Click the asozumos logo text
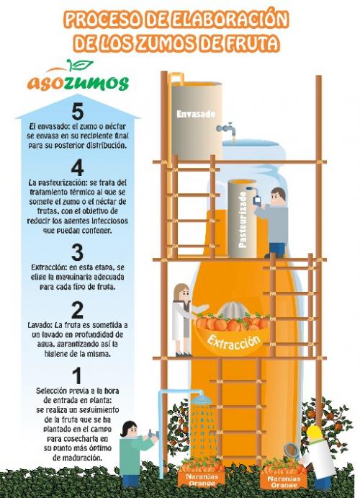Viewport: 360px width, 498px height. pyautogui.click(x=78, y=83)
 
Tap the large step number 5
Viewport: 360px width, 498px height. pyautogui.click(x=77, y=111)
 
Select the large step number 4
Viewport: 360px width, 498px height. pyautogui.click(x=77, y=167)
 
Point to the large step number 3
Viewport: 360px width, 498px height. pyautogui.click(x=77, y=252)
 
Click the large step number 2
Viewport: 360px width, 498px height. pyautogui.click(x=77, y=310)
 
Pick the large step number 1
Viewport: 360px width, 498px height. pyautogui.click(x=77, y=375)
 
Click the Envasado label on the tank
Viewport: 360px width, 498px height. pyautogui.click(x=196, y=114)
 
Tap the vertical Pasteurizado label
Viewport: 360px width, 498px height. pyautogui.click(x=243, y=220)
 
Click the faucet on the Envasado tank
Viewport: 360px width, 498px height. pyautogui.click(x=227, y=129)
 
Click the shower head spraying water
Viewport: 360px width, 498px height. pyautogui.click(x=202, y=399)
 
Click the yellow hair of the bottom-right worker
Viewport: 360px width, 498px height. pyautogui.click(x=315, y=433)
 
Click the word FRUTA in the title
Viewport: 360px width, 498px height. pyautogui.click(x=255, y=43)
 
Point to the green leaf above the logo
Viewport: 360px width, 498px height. pyautogui.click(x=80, y=64)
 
